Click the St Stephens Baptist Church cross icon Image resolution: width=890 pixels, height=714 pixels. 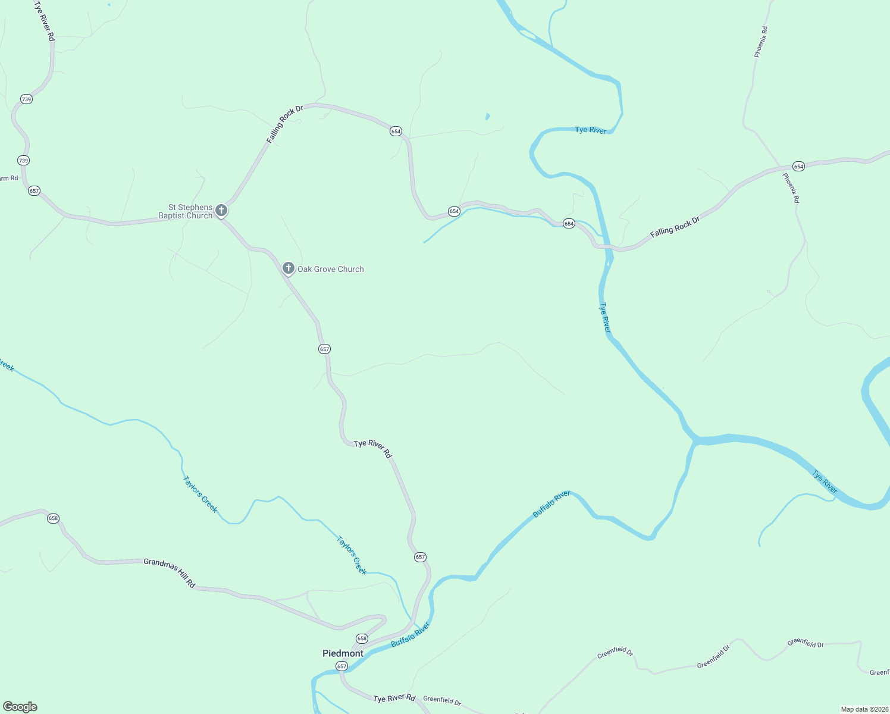pyautogui.click(x=221, y=210)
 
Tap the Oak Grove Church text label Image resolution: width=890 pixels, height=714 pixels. pyautogui.click(x=330, y=270)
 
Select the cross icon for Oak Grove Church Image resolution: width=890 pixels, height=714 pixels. pyautogui.click(x=289, y=268)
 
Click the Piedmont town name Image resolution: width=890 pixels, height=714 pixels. pyautogui.click(x=343, y=653)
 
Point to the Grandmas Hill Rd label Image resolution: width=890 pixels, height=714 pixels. pyautogui.click(x=170, y=573)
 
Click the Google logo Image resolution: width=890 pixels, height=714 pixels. pyautogui.click(x=20, y=707)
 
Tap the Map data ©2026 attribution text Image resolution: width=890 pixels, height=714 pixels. pyautogui.click(x=863, y=709)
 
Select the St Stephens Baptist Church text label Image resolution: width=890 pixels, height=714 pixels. pyautogui.click(x=186, y=212)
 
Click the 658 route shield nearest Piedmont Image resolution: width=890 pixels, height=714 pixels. pyautogui.click(x=362, y=638)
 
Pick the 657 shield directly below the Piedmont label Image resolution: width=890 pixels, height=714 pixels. pyautogui.click(x=341, y=666)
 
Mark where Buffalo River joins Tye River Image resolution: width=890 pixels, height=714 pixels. pyautogui.click(x=694, y=441)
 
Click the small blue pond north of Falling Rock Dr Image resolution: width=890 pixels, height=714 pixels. pyautogui.click(x=487, y=117)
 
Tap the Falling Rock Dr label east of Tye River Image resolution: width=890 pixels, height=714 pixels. pyautogui.click(x=675, y=227)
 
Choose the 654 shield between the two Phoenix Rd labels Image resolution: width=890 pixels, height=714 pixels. pyautogui.click(x=798, y=167)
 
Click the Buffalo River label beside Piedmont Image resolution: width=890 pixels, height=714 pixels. pyautogui.click(x=410, y=635)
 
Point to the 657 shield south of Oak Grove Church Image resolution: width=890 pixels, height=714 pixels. pyautogui.click(x=324, y=349)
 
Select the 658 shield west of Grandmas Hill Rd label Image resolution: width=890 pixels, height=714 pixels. pyautogui.click(x=54, y=518)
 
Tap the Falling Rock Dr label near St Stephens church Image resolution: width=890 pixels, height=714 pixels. pyautogui.click(x=285, y=124)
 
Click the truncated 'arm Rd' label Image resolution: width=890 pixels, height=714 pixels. pyautogui.click(x=9, y=178)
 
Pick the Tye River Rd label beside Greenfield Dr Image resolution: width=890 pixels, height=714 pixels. pyautogui.click(x=394, y=698)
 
